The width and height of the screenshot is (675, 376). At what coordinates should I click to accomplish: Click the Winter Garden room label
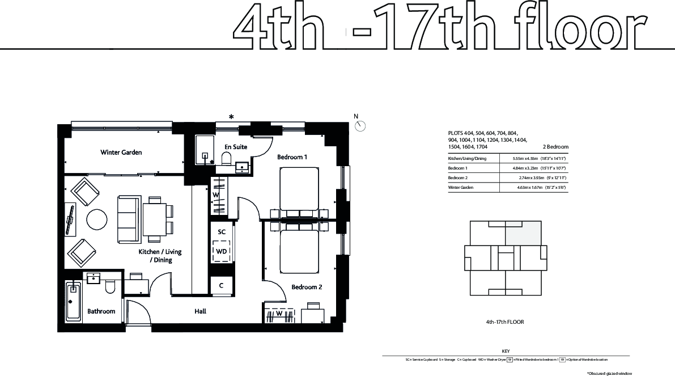click(121, 152)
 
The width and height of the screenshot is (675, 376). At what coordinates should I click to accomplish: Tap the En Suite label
click(236, 147)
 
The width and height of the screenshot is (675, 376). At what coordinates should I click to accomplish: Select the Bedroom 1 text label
click(292, 157)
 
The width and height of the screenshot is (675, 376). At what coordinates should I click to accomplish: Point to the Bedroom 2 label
click(307, 287)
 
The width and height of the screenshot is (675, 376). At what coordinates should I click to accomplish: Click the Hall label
click(200, 311)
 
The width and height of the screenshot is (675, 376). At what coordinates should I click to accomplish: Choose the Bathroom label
click(101, 311)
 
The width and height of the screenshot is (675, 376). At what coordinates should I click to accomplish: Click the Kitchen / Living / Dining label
click(160, 256)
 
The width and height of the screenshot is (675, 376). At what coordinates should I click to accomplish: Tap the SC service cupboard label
click(222, 232)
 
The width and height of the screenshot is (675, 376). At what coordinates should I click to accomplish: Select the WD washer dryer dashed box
click(222, 251)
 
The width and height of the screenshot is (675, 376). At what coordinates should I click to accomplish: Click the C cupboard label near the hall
click(221, 286)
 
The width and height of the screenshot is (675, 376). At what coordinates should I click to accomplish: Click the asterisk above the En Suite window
click(231, 117)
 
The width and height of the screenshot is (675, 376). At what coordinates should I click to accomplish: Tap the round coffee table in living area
click(97, 219)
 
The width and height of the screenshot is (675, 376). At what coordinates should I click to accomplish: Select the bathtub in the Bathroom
click(73, 301)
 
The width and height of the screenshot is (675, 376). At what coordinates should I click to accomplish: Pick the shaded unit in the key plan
click(523, 234)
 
